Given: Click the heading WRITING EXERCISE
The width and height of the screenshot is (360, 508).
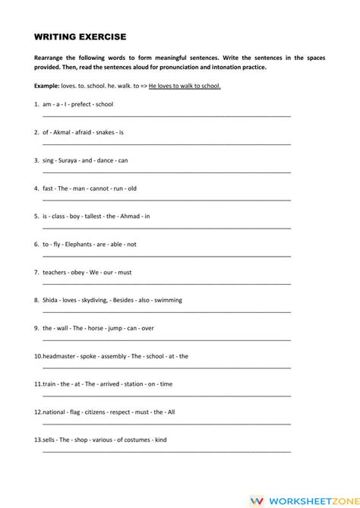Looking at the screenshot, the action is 81,36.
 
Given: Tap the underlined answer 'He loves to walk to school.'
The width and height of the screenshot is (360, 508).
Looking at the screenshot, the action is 185,86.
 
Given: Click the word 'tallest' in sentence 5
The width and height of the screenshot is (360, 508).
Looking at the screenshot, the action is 91,216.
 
